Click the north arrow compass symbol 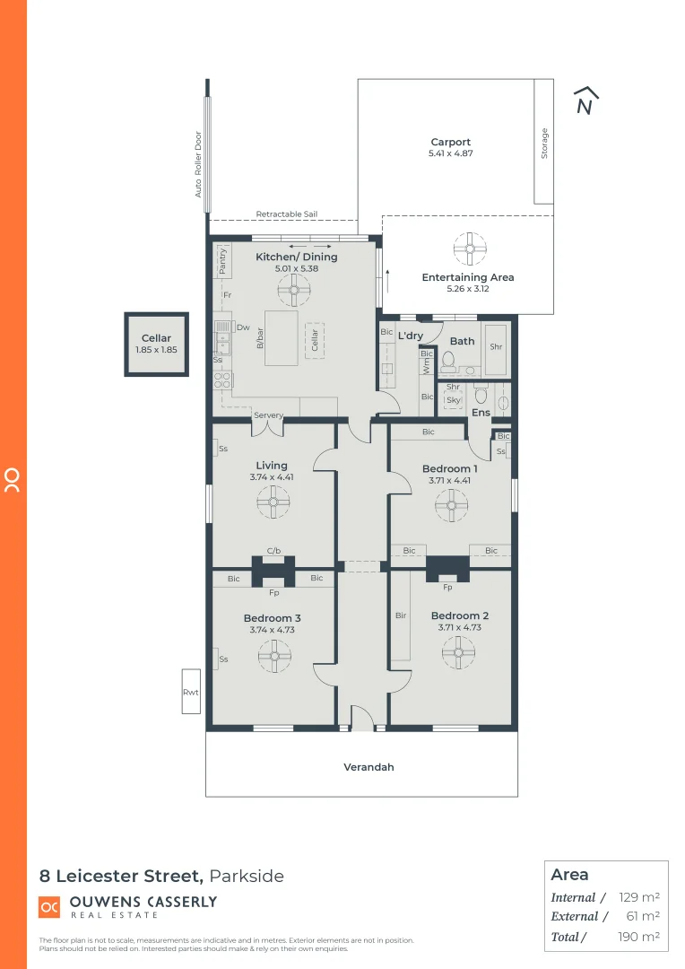pos(585,101)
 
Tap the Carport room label pos(450,142)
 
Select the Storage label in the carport pos(544,144)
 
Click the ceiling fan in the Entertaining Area pos(467,248)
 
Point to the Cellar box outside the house pos(156,345)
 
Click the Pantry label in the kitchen pos(223,261)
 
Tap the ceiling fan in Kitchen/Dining pos(293,290)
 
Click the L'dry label pos(411,336)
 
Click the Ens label pos(481,413)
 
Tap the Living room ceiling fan pos(273,503)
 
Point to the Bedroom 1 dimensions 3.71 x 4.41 pos(449,480)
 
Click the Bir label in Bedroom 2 pos(401,615)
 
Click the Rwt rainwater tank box pos(190,691)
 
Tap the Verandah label pos(369,767)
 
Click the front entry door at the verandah pos(361,717)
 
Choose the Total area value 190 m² pos(638,937)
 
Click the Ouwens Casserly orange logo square pos(49,907)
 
